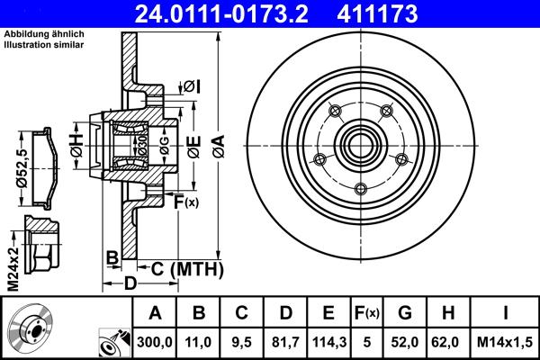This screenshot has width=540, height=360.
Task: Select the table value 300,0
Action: [x=155, y=341]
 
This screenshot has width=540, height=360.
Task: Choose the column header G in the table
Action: [x=405, y=314]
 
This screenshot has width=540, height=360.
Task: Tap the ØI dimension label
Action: [x=192, y=86]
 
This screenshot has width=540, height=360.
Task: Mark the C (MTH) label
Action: [x=184, y=267]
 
